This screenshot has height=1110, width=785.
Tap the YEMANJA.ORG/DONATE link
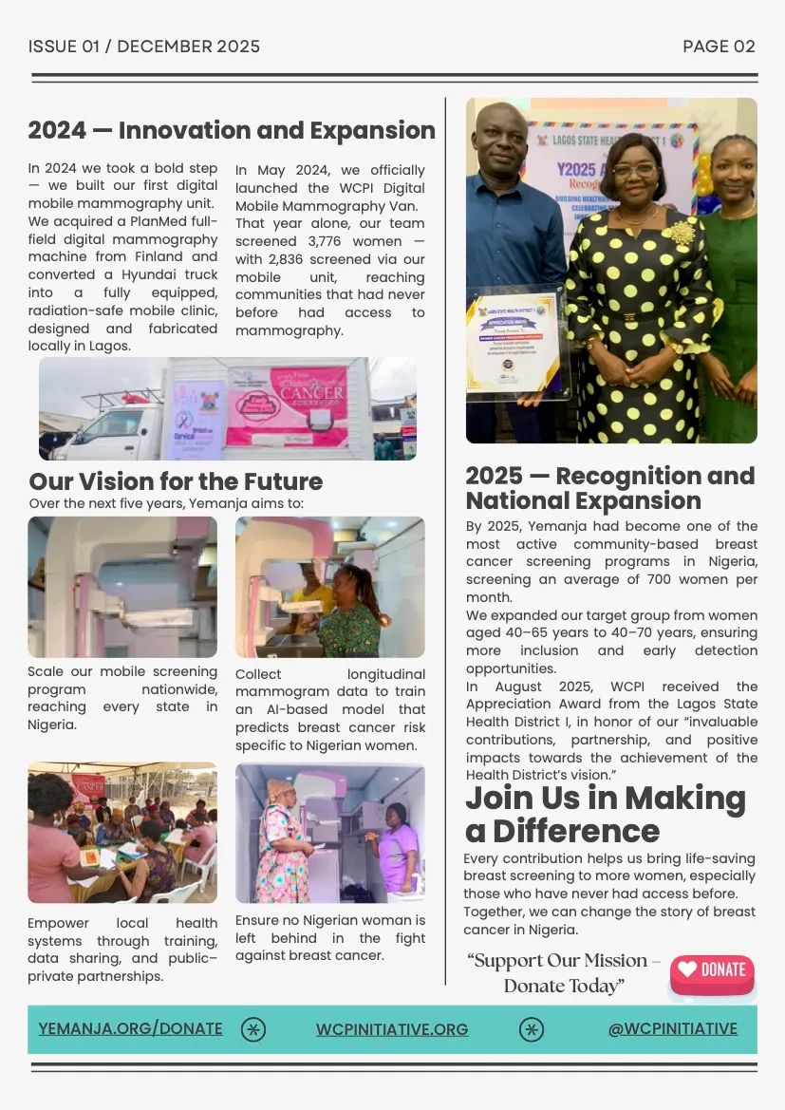coord(130,1028)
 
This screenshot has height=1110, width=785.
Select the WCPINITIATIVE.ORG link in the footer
coord(392,1029)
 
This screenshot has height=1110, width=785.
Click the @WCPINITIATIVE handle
coord(672,1028)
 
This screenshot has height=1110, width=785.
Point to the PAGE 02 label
coord(719,47)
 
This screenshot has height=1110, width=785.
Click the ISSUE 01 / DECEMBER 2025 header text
coord(144,47)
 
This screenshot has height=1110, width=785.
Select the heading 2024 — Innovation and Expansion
coord(232,131)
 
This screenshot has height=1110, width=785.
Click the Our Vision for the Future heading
coord(176,481)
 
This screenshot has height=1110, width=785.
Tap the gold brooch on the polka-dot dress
coord(679,234)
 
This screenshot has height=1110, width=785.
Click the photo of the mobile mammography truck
coord(227,408)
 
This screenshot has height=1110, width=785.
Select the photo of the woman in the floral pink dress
coord(329,832)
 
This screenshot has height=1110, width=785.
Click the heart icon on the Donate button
coord(686,969)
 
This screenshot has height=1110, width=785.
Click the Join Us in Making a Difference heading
coord(605,814)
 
